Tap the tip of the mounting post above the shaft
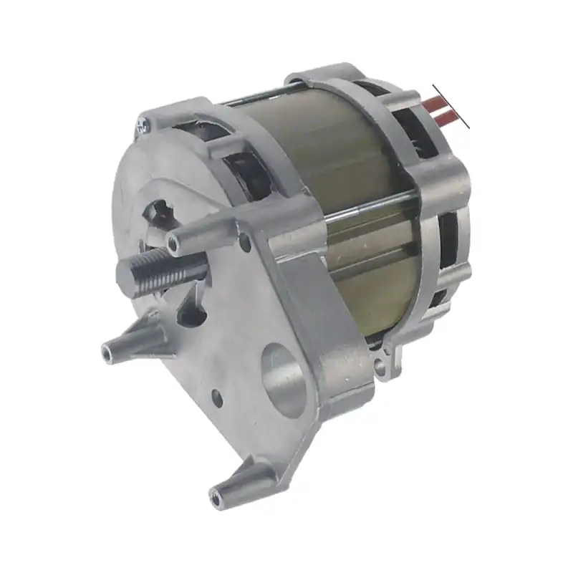coord(174,244)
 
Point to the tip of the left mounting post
coord(109,352)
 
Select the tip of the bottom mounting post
coord(217,495)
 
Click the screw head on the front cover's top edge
coord(141,126)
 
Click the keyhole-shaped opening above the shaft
coord(159,213)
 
